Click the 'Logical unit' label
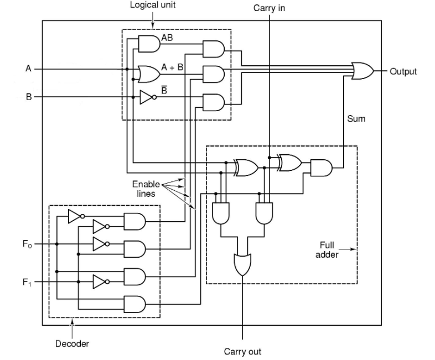(153, 5)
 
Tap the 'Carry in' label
(270, 8)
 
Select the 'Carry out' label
(242, 352)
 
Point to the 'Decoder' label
(72, 343)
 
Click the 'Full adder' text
(327, 249)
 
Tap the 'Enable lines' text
(146, 189)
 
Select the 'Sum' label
(356, 119)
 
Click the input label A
(28, 69)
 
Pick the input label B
(28, 97)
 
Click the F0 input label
(28, 243)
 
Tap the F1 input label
(28, 282)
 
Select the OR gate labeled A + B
(148, 72)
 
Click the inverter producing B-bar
(147, 97)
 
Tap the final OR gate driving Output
(362, 71)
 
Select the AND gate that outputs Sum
(321, 168)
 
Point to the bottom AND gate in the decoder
(134, 304)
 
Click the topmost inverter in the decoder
(76, 216)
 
